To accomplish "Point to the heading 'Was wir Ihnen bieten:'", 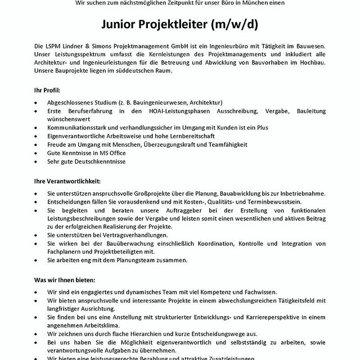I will [x=64, y=280].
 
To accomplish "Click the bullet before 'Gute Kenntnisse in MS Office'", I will [x=36, y=153].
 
